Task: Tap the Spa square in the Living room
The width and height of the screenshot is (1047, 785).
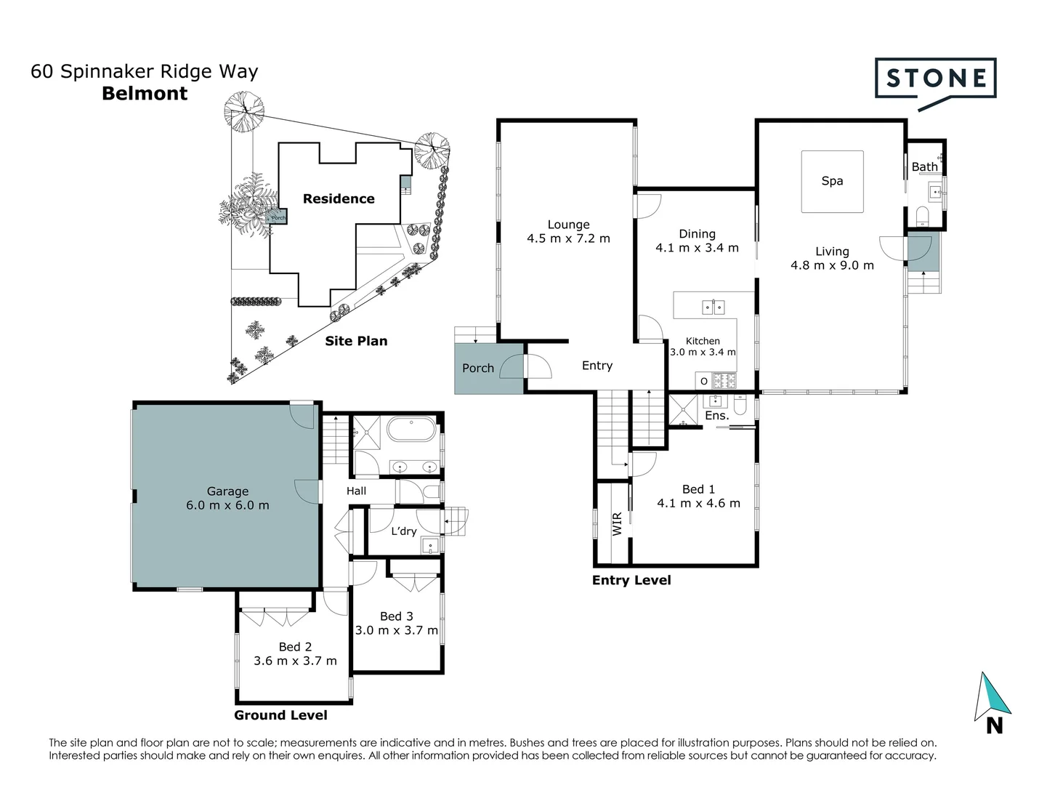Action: coord(832,182)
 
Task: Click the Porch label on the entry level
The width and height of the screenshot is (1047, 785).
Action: coord(477,369)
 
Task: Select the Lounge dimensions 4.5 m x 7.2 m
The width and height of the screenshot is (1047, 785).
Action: coord(568,238)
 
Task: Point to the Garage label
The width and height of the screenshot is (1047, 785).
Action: coord(227,491)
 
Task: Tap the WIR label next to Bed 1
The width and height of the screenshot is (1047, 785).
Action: coord(617,524)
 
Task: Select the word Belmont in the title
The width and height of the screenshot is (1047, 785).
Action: coord(145,94)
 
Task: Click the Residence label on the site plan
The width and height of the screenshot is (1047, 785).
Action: coord(339,199)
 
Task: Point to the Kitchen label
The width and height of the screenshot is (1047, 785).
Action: coord(703,341)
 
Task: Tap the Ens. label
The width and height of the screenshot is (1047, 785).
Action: coord(716,416)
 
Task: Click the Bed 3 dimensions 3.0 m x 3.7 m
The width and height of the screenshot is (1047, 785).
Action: coord(396,630)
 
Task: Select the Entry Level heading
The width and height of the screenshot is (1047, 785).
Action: coord(631,580)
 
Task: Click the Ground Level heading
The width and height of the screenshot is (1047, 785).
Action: coord(280,715)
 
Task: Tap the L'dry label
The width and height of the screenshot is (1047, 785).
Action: coord(404,531)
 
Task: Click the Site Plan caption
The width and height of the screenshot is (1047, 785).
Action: coord(356,341)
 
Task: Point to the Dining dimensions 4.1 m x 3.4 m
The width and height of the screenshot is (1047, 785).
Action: coord(697,248)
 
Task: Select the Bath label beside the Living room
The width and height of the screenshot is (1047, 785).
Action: coord(924,167)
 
